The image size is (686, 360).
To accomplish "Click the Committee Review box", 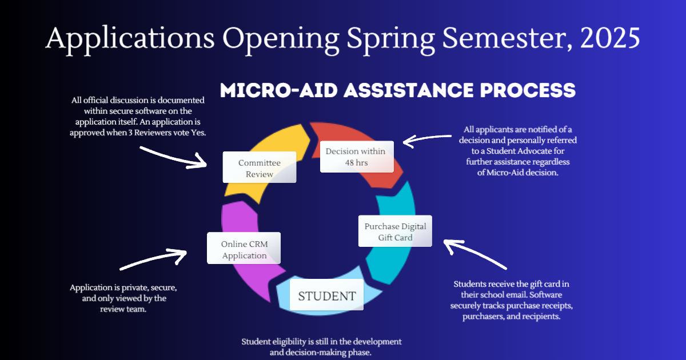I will coord(259,167).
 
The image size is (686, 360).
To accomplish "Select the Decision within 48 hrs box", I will coord(357,156).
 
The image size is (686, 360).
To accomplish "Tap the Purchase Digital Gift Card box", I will coord(395,231).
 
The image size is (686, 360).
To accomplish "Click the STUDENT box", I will coord(326,295).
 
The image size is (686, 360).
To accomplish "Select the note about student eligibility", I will coord(321,347).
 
